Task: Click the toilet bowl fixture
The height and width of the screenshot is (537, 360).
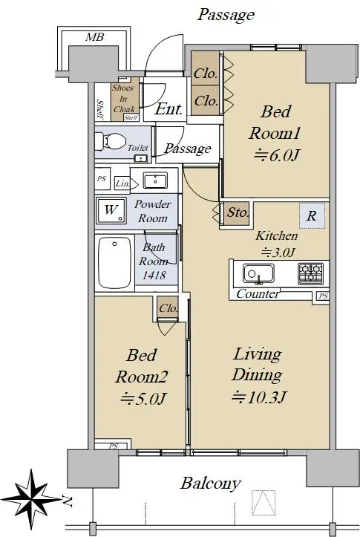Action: [x=110, y=141]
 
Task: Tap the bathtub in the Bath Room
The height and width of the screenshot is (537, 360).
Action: [x=114, y=263]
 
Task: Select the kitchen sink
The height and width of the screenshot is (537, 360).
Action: [x=258, y=273]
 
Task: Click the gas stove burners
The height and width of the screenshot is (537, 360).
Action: [x=310, y=273]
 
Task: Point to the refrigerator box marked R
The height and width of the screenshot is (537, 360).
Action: [x=312, y=215]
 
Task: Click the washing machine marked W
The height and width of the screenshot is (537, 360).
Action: [x=111, y=210]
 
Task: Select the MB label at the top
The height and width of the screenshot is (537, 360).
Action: [x=94, y=36]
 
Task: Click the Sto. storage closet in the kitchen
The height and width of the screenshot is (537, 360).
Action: [x=237, y=213]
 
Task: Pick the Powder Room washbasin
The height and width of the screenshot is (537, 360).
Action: [x=155, y=180]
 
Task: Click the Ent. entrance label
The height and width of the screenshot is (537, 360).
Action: [x=168, y=109]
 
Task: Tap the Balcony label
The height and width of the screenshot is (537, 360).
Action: [x=211, y=484]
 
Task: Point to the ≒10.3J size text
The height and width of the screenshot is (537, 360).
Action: [x=258, y=397]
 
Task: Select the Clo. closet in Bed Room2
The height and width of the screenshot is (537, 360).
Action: [x=168, y=308]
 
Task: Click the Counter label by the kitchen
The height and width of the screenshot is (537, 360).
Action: [x=258, y=293]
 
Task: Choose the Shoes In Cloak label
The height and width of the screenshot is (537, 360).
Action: [x=123, y=99]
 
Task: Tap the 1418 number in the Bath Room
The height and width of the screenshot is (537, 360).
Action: [x=154, y=275]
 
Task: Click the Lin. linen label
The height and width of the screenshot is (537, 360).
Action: [x=122, y=183]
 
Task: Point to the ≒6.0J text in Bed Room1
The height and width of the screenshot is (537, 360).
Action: [x=277, y=155]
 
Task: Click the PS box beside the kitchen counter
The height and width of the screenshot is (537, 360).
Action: [x=323, y=296]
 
